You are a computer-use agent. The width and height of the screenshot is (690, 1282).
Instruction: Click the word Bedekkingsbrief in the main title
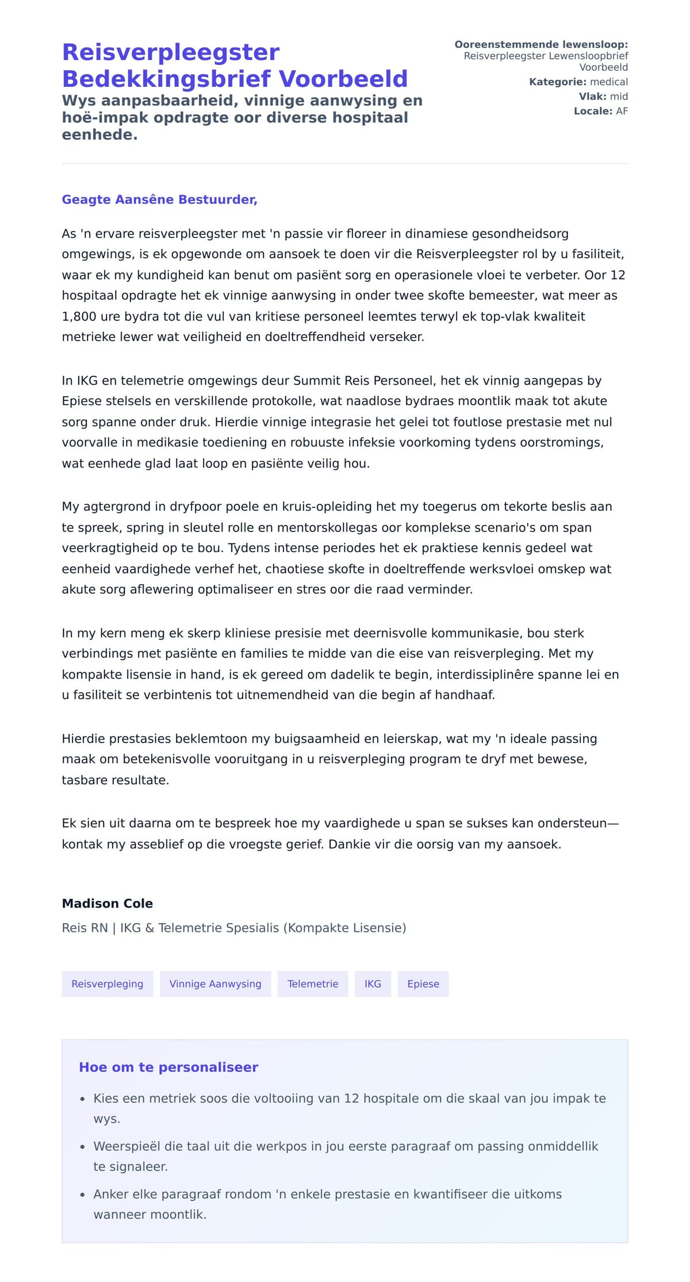[x=167, y=79]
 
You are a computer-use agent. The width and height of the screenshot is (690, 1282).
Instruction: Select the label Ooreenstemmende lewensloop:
[x=540, y=45]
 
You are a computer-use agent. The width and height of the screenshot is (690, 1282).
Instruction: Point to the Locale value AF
[x=622, y=111]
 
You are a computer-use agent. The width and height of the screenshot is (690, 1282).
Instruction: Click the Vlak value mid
[x=619, y=97]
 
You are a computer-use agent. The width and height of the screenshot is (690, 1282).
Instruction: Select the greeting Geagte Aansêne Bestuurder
[x=159, y=200]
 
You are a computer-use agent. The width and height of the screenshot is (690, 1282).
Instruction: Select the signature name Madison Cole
[x=108, y=904]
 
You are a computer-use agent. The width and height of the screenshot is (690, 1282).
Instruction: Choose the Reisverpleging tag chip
[x=108, y=984]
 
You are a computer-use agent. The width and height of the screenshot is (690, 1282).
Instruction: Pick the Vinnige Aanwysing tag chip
[x=215, y=984]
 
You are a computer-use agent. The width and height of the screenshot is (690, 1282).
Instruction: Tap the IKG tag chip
[x=373, y=984]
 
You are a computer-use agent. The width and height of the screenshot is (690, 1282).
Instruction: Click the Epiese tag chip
[x=423, y=984]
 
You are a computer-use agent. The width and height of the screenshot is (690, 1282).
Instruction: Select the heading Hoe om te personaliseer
[x=168, y=1067]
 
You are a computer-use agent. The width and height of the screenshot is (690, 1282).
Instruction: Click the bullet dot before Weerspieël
[x=83, y=1147]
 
